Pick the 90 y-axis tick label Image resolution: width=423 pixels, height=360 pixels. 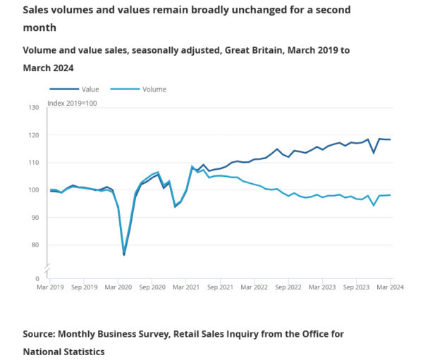pyautogui.click(x=35, y=218)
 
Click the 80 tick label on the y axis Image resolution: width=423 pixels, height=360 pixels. pyautogui.click(x=35, y=245)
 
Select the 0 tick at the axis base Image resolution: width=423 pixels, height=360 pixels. pyautogui.click(x=37, y=279)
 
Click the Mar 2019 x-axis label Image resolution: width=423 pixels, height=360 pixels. pyautogui.click(x=50, y=287)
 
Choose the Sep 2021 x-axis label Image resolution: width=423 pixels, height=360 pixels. pyautogui.click(x=221, y=287)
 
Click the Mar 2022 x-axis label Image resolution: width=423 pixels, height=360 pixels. pyautogui.click(x=255, y=287)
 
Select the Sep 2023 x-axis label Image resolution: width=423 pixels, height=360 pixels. pyautogui.click(x=357, y=287)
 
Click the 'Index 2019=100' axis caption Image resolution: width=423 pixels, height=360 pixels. pyautogui.click(x=70, y=104)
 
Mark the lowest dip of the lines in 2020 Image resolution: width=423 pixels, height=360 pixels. pyautogui.click(x=124, y=254)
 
